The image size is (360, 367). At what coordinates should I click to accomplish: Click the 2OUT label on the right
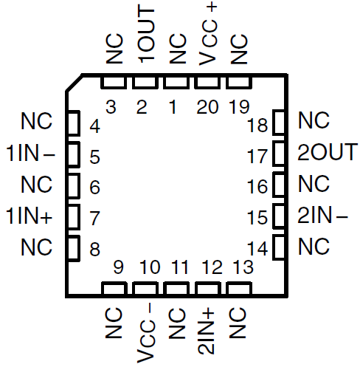[327, 153]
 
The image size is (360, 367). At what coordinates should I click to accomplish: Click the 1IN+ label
[30, 217]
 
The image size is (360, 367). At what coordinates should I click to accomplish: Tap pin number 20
[207, 108]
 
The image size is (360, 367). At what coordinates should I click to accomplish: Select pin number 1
[173, 108]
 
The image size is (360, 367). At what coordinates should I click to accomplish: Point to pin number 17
[257, 157]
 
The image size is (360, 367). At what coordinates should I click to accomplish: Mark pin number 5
[94, 157]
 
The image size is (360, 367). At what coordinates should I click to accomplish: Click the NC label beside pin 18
[314, 120]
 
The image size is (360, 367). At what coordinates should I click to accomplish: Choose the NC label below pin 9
[113, 325]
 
